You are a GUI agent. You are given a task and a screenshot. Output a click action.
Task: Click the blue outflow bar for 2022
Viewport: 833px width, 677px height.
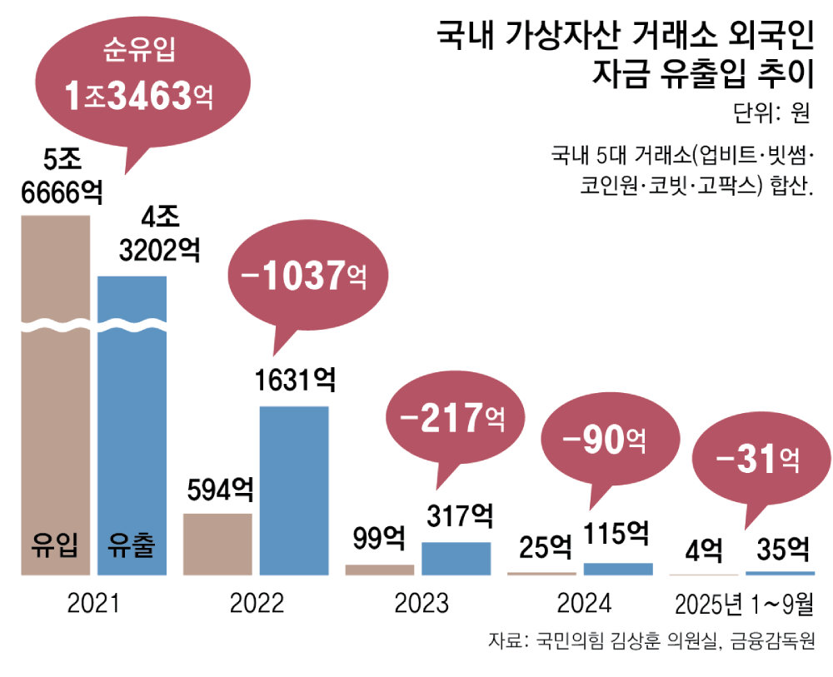[294, 490]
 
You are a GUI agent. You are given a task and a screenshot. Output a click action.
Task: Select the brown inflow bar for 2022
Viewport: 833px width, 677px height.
[217, 544]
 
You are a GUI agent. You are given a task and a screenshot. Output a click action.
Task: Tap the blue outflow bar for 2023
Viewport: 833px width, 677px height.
[456, 559]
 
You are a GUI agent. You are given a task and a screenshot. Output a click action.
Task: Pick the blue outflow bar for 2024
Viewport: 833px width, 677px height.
[617, 569]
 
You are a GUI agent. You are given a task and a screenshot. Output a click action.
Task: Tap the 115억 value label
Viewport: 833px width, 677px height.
[616, 534]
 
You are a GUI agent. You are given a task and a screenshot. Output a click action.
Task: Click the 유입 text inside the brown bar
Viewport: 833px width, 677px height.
[54, 546]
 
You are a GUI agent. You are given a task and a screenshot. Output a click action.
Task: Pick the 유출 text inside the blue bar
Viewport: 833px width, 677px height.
[132, 546]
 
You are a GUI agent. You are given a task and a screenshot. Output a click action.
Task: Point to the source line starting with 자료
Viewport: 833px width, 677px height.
[651, 642]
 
